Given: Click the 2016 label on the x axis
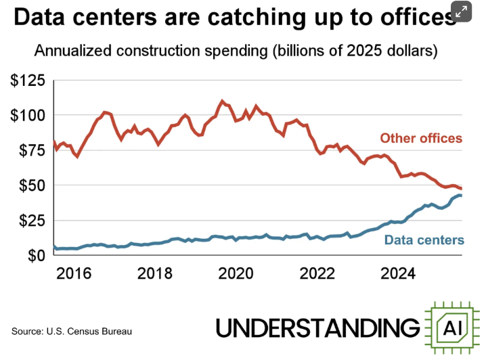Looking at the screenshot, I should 74,274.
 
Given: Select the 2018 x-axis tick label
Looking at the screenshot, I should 156,274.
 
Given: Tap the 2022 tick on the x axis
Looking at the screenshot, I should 318,274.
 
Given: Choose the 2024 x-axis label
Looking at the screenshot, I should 399,274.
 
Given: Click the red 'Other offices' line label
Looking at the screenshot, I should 421,139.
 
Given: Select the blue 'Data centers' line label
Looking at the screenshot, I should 424,240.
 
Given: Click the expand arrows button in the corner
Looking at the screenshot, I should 462,12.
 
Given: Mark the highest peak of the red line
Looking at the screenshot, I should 223,101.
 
